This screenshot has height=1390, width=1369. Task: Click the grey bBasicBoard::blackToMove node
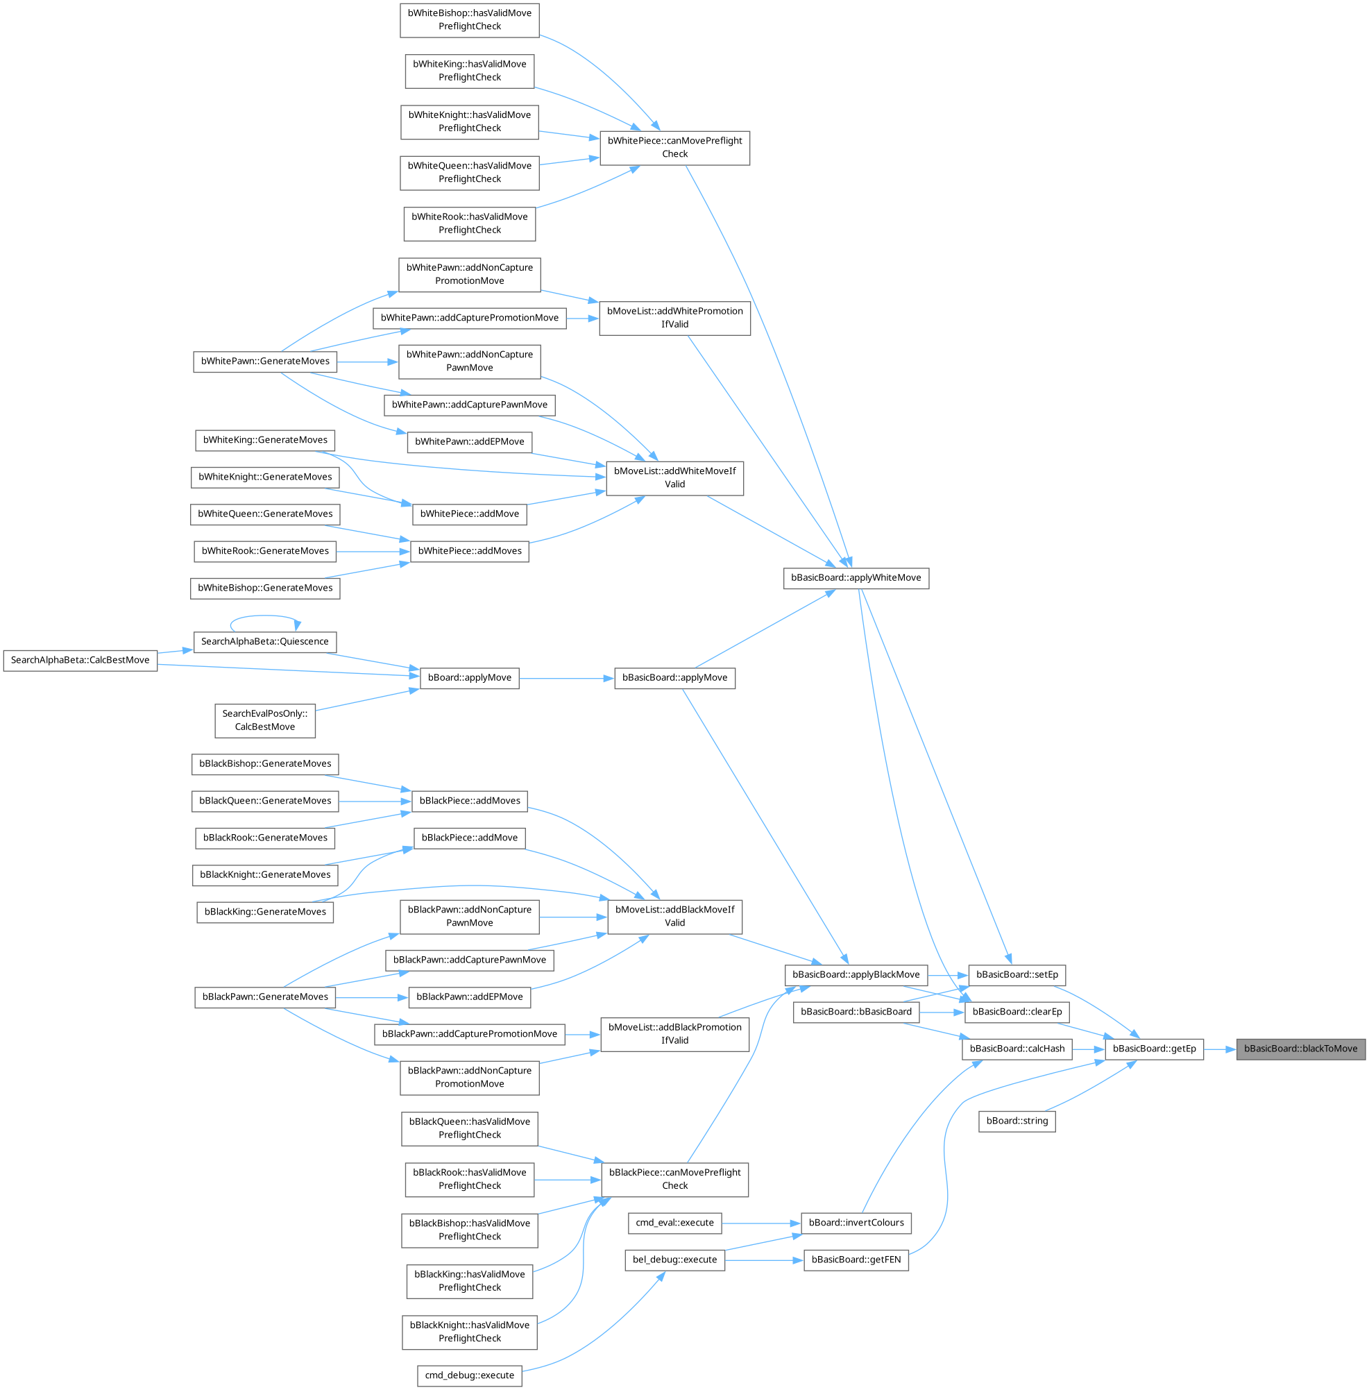coord(1300,1049)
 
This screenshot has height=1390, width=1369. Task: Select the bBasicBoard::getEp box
coord(1153,1049)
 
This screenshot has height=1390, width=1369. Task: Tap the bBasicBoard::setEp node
coord(1017,974)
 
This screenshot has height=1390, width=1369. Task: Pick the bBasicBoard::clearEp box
coord(1017,1012)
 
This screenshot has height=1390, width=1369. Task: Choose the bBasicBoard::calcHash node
coord(1017,1049)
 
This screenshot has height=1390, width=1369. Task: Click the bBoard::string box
coord(1017,1121)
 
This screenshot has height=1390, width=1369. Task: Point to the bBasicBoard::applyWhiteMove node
coord(856,578)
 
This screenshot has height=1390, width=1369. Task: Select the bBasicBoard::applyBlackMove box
coord(856,974)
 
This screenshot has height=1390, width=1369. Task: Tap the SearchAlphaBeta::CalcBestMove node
coord(80,660)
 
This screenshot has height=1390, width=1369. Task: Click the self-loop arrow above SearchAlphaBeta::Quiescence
coord(264,616)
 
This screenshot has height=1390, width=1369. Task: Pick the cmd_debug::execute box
coord(470,1375)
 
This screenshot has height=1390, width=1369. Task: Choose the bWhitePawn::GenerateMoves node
coord(264,361)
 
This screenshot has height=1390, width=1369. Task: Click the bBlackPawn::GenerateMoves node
coord(264,997)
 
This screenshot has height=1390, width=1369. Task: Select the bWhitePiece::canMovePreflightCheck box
coord(674,147)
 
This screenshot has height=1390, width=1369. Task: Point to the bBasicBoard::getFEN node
coord(856,1260)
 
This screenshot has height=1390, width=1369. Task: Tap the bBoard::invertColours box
coord(856,1223)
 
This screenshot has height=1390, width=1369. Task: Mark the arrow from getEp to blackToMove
coord(1220,1049)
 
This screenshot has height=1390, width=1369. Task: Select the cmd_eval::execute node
coord(674,1223)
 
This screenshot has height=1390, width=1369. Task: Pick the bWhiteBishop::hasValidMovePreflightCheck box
coord(470,19)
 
